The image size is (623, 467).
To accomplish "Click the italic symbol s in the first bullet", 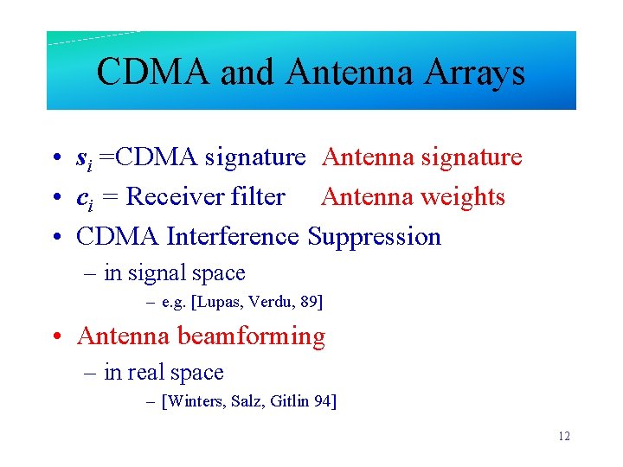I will pyautogui.click(x=81, y=158).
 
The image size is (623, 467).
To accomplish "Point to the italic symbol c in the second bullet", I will pyautogui.click(x=82, y=198).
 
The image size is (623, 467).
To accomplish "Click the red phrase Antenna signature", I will pyautogui.click(x=421, y=157).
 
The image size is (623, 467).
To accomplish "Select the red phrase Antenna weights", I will pyautogui.click(x=413, y=197).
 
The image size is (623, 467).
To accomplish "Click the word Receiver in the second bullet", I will pyautogui.click(x=175, y=197).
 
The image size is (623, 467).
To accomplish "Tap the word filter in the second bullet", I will pyautogui.click(x=258, y=197).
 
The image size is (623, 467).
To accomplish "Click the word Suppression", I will pyautogui.click(x=374, y=237).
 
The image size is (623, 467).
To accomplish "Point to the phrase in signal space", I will pyautogui.click(x=174, y=273).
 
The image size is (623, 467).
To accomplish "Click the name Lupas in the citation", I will pyautogui.click(x=221, y=302).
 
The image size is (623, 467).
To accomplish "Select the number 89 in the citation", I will pyautogui.click(x=307, y=302).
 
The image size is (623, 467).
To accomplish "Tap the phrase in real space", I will pyautogui.click(x=164, y=373).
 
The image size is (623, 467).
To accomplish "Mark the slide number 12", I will pyautogui.click(x=564, y=436).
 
